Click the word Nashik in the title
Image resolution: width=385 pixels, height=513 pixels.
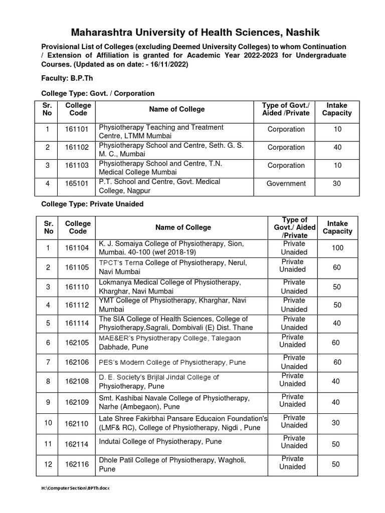(x=292, y=33)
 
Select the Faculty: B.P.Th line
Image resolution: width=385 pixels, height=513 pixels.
(x=67, y=79)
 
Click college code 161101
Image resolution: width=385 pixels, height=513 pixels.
(x=77, y=129)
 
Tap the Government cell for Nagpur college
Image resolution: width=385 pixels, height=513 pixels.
(x=286, y=183)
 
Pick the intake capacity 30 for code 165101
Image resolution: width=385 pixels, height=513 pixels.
(x=336, y=183)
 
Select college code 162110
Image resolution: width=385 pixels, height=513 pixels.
(x=77, y=423)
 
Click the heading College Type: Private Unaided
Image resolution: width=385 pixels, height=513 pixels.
(x=92, y=204)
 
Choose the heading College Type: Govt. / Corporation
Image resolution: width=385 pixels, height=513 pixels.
(x=97, y=93)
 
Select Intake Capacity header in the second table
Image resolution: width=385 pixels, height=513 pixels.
(x=337, y=227)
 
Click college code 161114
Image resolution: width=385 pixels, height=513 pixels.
(x=77, y=324)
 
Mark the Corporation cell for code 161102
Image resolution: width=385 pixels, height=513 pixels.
(x=286, y=147)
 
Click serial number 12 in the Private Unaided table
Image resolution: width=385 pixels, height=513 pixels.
(x=48, y=464)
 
